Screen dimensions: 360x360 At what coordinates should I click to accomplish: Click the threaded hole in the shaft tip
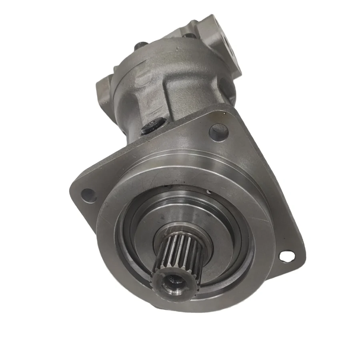click(173, 285)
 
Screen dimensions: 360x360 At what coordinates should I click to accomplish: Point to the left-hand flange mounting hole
click(88, 195)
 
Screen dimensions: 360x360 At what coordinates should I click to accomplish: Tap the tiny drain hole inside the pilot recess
click(208, 192)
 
